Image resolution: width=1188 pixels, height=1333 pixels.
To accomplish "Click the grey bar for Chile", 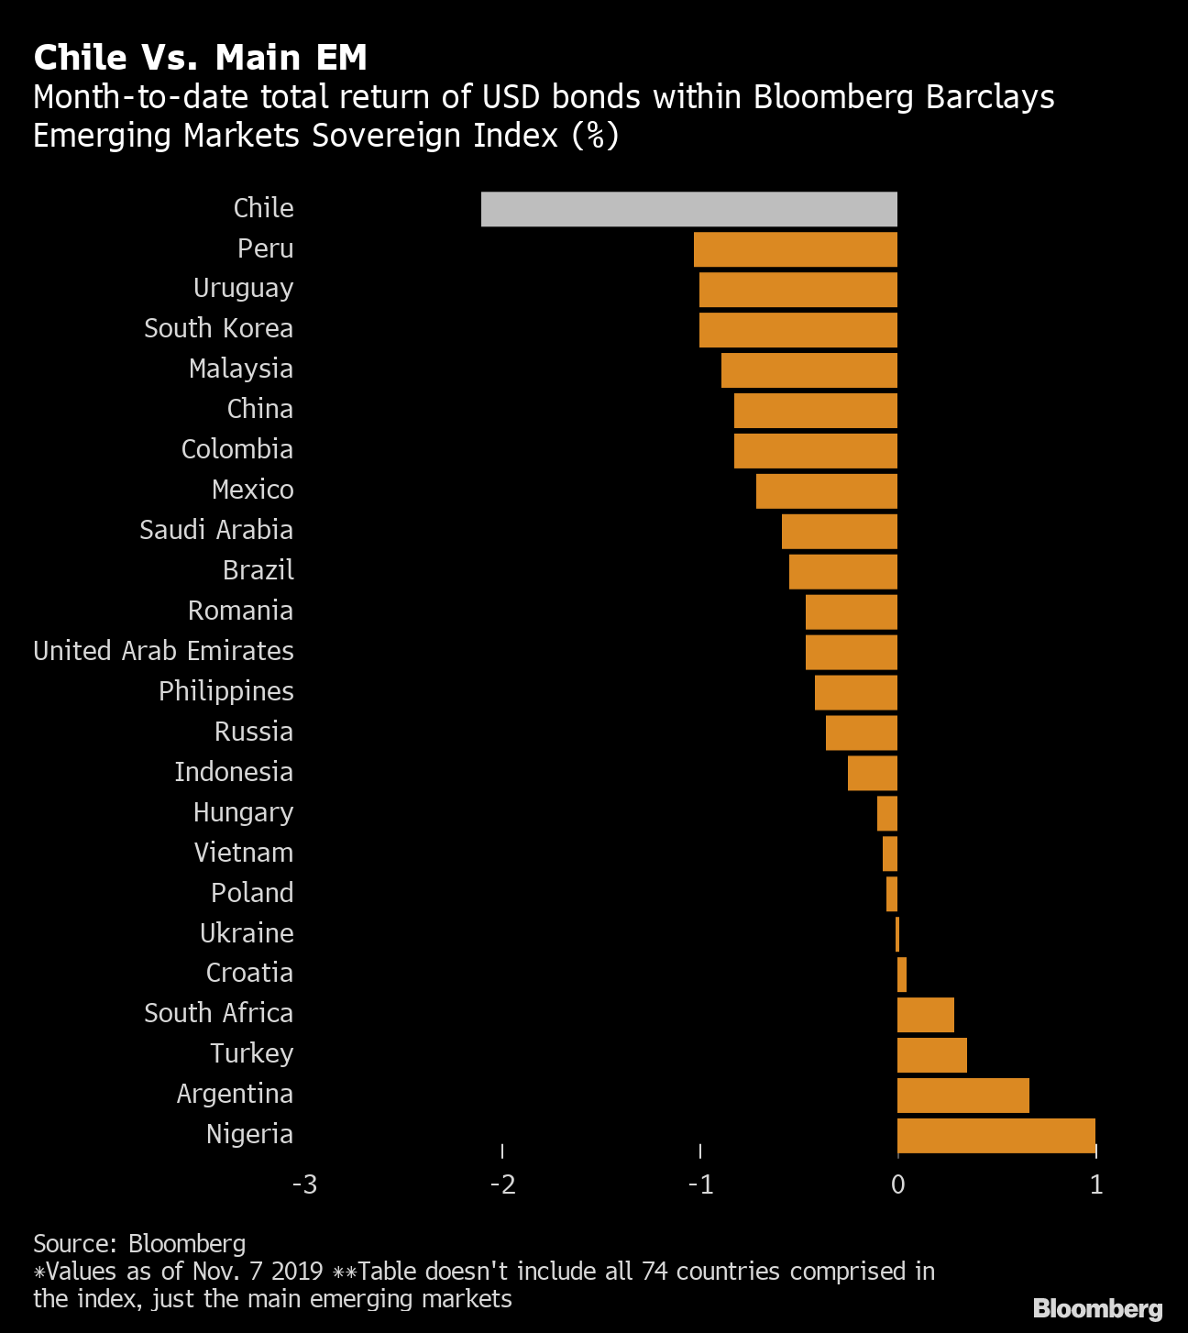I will tap(688, 209).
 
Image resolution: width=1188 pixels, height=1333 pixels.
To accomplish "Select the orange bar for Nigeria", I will tap(995, 1135).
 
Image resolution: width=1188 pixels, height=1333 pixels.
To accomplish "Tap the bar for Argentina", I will tap(962, 1095).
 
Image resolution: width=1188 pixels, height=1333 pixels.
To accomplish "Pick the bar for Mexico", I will tap(826, 490).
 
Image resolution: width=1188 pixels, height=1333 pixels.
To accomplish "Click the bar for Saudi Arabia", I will tap(839, 531).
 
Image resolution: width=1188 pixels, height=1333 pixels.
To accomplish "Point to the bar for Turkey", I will tap(931, 1054).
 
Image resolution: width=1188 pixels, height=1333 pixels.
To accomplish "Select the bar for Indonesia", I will tap(872, 773).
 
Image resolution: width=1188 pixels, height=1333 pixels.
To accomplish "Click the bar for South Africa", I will tap(925, 1014).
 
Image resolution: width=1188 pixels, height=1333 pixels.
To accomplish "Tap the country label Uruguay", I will tap(243, 289).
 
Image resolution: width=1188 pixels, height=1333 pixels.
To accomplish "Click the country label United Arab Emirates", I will tap(163, 651).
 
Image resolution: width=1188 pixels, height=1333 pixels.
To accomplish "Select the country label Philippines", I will tap(225, 691).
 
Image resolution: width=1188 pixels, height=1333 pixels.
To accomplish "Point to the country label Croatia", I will tap(249, 973).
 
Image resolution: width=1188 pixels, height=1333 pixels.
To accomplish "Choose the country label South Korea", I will tap(218, 328).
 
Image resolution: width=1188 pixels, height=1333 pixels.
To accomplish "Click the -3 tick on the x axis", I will tap(304, 1184).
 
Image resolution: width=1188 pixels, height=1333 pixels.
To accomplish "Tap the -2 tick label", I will tap(502, 1184).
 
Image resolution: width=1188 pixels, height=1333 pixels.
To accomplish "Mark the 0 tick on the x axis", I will tap(897, 1184).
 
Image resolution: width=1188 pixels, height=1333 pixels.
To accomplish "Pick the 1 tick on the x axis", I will tap(1095, 1184).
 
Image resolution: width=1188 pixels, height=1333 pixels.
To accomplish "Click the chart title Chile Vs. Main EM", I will tap(200, 58).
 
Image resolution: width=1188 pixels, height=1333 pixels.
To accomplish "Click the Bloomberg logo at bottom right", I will tap(1097, 1308).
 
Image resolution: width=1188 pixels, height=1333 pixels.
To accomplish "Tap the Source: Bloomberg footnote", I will tap(139, 1243).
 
